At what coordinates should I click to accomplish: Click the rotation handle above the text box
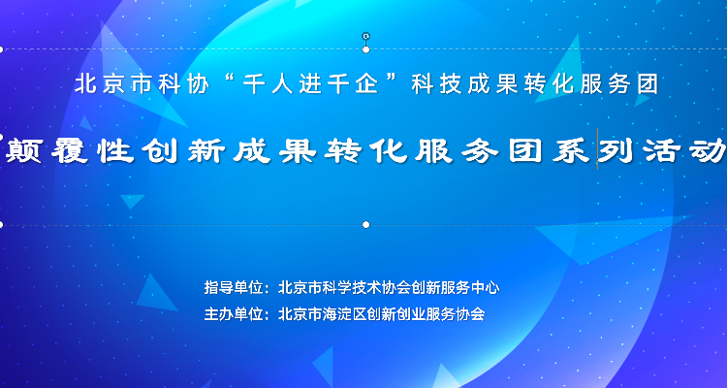[x=365, y=36]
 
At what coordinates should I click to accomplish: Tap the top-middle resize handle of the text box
[x=365, y=49]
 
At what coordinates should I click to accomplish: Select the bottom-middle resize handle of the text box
[x=365, y=225]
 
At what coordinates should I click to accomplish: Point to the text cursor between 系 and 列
[x=597, y=148]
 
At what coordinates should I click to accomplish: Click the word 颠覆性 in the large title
[x=70, y=150]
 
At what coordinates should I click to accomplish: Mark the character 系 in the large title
[x=571, y=150]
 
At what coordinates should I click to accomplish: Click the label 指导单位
[x=234, y=288]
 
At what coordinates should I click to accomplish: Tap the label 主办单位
[x=234, y=314]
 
